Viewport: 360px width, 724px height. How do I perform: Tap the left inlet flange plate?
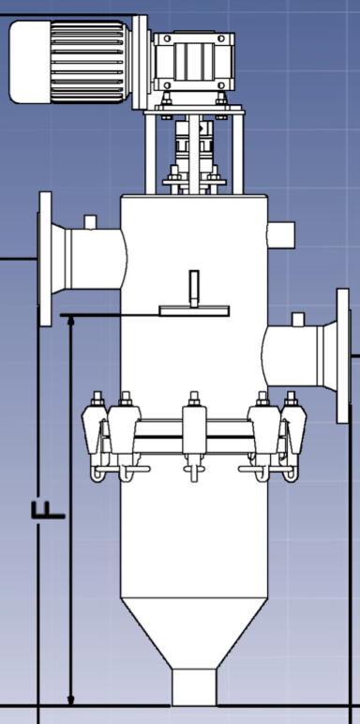(44, 258)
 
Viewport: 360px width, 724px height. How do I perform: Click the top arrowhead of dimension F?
(71, 323)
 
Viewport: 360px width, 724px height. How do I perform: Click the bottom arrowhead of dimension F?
(71, 698)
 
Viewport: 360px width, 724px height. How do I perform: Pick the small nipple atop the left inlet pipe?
(91, 221)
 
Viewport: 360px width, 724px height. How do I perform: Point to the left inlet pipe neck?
(89, 258)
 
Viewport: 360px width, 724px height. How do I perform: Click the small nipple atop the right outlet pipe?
(298, 320)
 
